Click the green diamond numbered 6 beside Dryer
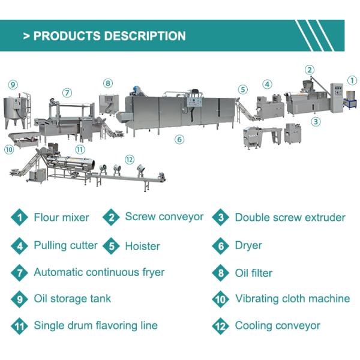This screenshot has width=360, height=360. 220,245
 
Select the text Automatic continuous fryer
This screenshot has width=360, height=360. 99,272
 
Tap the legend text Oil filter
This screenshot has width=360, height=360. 253,273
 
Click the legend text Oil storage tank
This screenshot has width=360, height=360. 72,298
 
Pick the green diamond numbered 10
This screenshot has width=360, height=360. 220,299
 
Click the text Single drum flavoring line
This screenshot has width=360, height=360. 95,325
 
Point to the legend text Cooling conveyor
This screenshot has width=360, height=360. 277,326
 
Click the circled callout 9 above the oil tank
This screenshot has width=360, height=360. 13,85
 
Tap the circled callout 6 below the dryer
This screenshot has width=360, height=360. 179,139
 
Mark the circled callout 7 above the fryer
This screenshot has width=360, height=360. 67,93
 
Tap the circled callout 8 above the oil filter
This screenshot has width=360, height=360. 107,83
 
